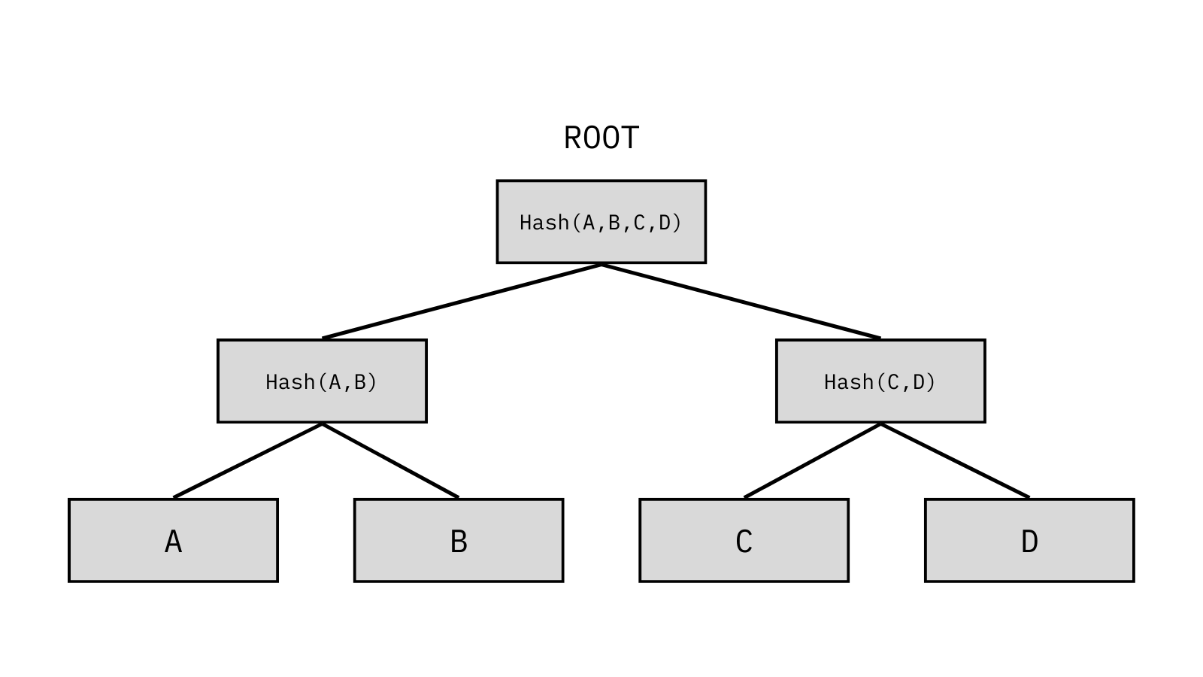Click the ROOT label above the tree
601,138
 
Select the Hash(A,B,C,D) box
601,222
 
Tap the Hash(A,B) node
323,381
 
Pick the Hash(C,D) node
880,381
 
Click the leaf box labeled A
174,541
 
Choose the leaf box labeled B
459,541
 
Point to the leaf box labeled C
744,541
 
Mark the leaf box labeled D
1029,541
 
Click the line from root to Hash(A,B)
462,302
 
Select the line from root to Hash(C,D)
741,302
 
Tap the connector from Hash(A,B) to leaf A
247,461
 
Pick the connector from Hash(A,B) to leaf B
390,461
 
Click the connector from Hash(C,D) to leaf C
813,461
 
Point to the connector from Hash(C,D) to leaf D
955,461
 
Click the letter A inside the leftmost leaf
174,541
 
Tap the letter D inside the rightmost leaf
1029,541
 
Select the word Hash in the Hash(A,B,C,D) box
544,223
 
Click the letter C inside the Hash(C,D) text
893,382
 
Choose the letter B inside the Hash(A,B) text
360,382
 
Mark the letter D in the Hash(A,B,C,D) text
665,223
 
